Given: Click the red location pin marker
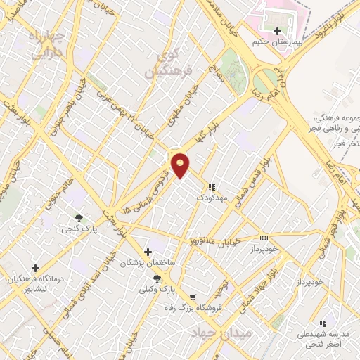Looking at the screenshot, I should coord(181,165).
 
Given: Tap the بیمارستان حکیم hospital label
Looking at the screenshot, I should coord(277,43).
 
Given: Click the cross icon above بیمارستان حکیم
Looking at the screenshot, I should coord(277,31).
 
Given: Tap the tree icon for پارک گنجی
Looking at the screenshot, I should coord(79,218).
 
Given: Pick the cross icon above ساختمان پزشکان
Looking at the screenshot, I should coord(147,252).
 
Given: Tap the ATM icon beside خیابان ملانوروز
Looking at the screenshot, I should coord(264,238).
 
